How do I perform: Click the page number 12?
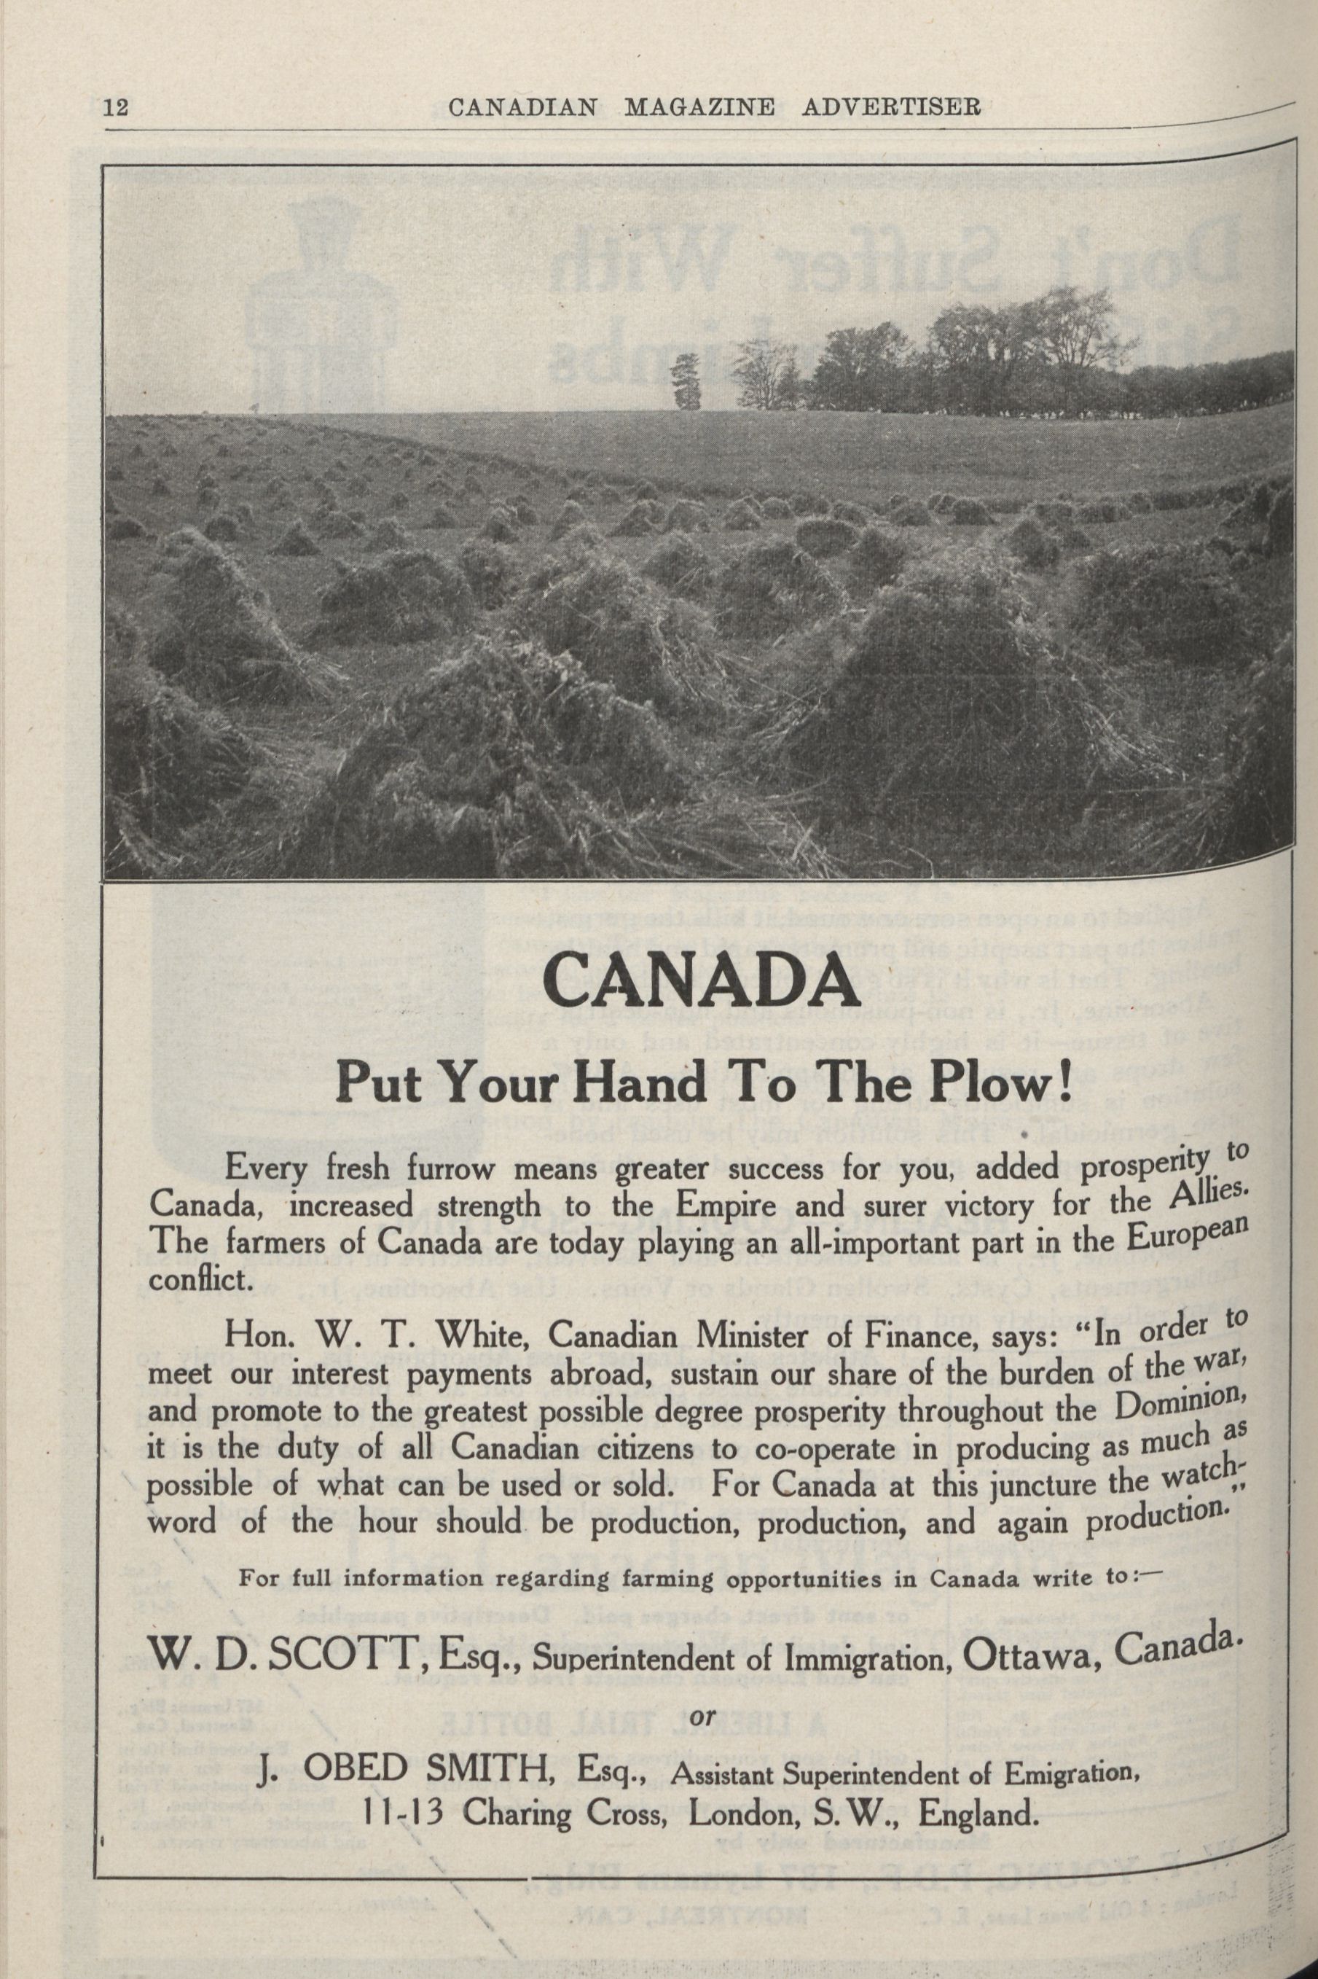pos(114,109)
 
